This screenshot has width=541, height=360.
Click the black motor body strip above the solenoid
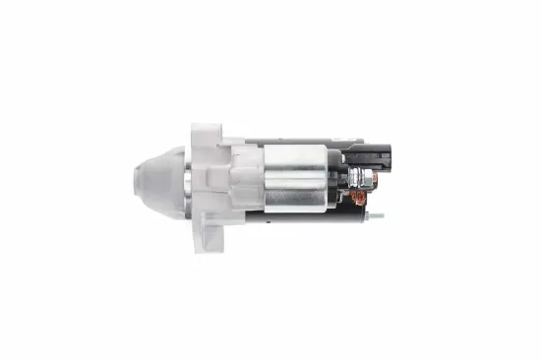(x=295, y=140)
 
